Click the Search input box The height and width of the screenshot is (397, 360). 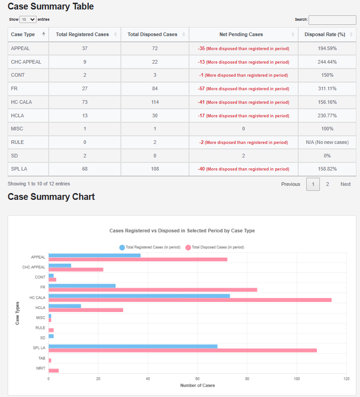[332, 20]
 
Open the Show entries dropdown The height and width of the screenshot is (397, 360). [28, 20]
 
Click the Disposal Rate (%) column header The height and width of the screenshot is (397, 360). [325, 34]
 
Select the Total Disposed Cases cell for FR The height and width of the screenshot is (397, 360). [155, 89]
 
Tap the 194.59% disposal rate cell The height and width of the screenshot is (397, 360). [327, 48]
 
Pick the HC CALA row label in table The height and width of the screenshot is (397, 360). [21, 102]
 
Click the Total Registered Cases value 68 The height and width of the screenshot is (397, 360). [85, 169]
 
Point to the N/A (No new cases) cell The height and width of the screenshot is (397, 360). [327, 143]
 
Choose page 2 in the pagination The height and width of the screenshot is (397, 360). [328, 184]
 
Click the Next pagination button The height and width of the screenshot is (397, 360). [346, 184]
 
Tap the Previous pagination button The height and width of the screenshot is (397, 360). [291, 184]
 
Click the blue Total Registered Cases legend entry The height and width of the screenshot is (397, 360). [150, 247]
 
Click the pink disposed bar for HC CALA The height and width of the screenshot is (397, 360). [189, 300]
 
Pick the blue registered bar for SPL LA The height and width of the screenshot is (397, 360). [133, 346]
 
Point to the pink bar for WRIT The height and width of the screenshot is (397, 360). [53, 370]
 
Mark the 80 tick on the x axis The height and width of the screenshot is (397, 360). [247, 379]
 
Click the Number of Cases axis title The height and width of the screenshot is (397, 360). [197, 386]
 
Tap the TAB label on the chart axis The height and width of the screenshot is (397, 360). [42, 358]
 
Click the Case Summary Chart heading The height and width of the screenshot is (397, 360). [51, 197]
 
